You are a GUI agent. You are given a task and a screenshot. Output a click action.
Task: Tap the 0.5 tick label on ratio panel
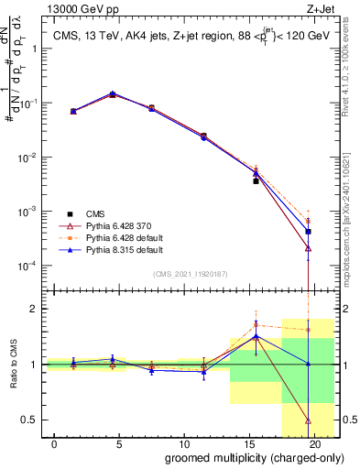click(x=32, y=420)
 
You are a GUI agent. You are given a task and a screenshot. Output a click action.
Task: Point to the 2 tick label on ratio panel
click(x=36, y=309)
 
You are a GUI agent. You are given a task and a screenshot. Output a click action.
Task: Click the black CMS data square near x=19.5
click(x=308, y=232)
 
